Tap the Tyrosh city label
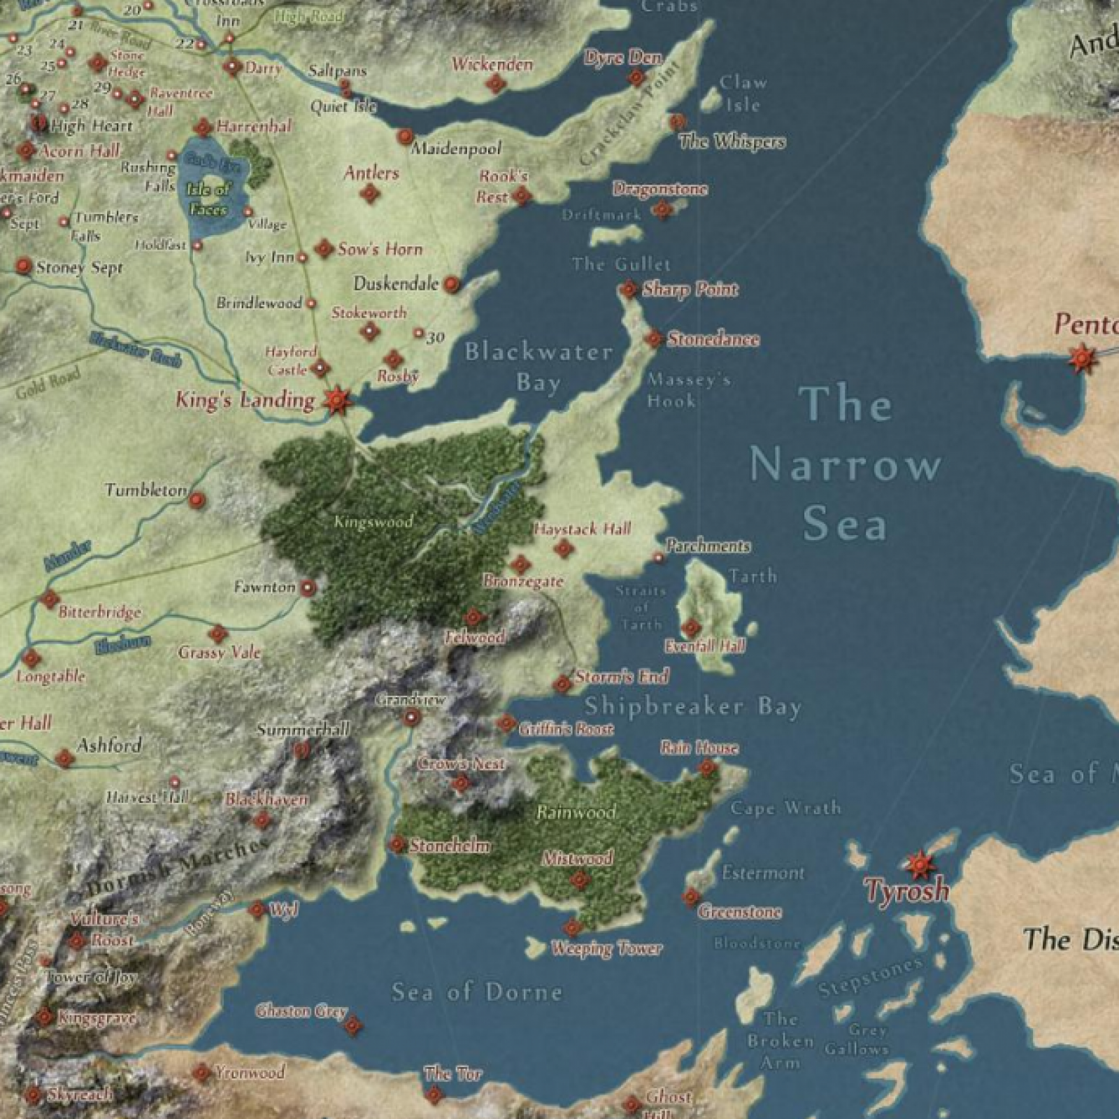[x=906, y=890]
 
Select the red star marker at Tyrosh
[x=919, y=865]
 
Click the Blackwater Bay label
[x=539, y=366]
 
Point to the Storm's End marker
[x=562, y=683]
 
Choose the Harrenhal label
[x=254, y=127]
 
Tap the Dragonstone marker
[x=662, y=209]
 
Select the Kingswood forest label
[x=373, y=521]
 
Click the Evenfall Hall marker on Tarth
[x=691, y=627]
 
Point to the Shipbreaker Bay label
[x=692, y=706]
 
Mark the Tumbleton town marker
[x=197, y=500]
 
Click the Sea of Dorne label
[x=476, y=992]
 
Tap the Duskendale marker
[x=451, y=284]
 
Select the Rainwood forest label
[x=576, y=812]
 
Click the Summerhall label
[x=302, y=729]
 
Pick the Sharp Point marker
[x=628, y=289]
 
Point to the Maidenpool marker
[x=405, y=136]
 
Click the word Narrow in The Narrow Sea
[x=845, y=465]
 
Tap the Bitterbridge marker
[x=50, y=599]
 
